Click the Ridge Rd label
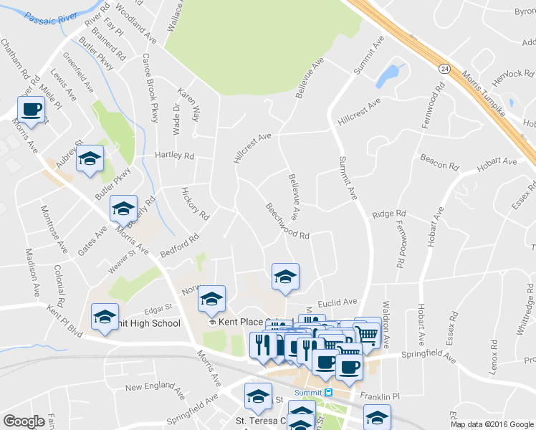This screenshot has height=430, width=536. (x=389, y=214)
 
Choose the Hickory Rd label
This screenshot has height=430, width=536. (x=195, y=205)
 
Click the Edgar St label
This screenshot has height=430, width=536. (x=159, y=310)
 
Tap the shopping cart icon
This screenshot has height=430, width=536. (x=367, y=333)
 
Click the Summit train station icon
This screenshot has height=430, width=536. (x=328, y=392)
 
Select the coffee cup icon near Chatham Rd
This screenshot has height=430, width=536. (x=32, y=110)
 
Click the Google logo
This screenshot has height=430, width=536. (x=24, y=421)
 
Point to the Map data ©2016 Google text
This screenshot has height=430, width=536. (x=492, y=424)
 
